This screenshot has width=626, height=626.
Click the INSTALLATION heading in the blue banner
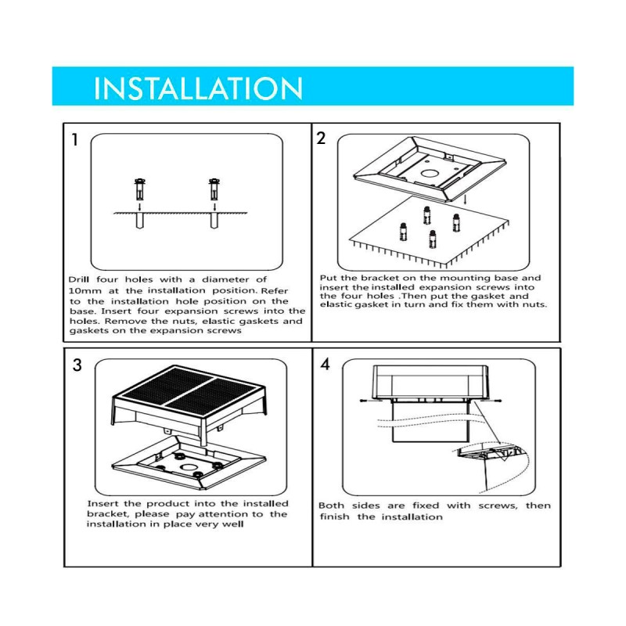point(197,88)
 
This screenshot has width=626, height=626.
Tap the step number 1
point(74,142)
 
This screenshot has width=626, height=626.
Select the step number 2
point(321,139)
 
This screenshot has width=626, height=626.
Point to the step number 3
point(77,365)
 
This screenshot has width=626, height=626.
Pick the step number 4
point(325,365)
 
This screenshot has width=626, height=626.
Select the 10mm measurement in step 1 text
point(85,290)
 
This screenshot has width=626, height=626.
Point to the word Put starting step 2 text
point(328,278)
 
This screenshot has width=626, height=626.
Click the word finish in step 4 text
point(335,517)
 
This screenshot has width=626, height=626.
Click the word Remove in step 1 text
point(126,321)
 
